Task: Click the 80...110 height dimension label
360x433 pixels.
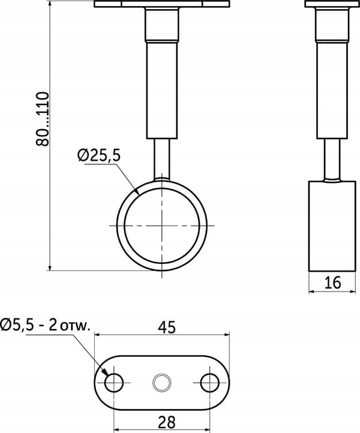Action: (42, 119)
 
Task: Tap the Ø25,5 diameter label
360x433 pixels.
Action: (99, 156)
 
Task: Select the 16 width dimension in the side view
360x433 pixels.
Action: (333, 282)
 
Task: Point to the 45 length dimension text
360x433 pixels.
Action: (167, 327)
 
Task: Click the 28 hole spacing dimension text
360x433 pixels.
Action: (167, 422)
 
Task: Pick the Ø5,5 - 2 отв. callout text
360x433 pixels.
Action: (46, 325)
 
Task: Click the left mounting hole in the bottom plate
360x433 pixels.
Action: (114, 383)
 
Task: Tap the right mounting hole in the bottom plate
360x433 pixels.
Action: (210, 383)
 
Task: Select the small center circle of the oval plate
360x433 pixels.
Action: (162, 383)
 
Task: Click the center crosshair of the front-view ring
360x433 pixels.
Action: (162, 225)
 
